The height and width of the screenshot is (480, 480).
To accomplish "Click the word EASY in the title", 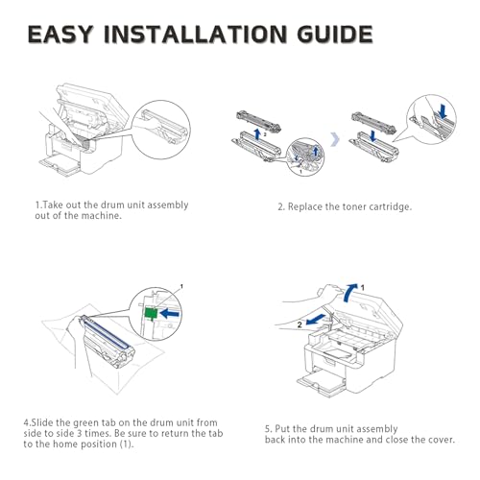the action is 60,34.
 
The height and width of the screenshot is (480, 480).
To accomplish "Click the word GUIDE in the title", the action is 335,34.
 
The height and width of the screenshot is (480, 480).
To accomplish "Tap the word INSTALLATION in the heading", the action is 196,34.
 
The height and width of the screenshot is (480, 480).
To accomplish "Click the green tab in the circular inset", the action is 151,313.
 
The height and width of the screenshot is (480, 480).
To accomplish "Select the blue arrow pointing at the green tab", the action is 170,313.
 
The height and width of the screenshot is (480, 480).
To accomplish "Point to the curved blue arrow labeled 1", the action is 349,292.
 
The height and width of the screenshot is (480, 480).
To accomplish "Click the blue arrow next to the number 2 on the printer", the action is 317,320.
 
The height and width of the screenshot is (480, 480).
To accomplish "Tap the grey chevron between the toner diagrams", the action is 335,139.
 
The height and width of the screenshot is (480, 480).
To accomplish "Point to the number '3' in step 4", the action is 80,434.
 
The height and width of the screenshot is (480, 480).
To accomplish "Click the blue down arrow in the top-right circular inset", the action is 443,111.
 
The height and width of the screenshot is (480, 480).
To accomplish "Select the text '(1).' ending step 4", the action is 126,444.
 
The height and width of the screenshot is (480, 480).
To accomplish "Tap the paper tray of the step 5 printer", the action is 322,382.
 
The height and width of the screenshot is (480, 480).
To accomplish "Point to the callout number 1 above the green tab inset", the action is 181,286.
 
